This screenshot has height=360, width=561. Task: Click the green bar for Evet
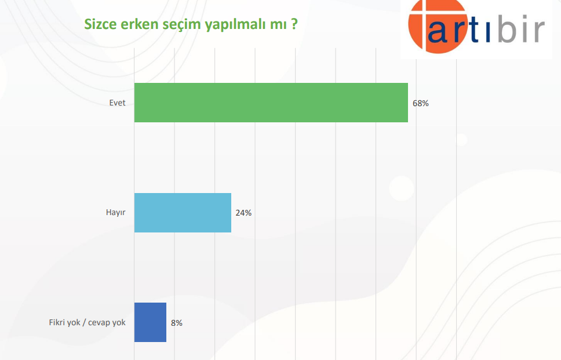(x=271, y=103)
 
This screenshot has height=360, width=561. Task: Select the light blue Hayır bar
(x=183, y=213)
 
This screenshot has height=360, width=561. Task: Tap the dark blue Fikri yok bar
(x=150, y=322)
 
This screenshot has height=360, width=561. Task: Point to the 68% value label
(x=420, y=103)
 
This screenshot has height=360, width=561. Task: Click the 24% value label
(x=243, y=213)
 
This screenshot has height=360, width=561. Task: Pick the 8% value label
(x=176, y=323)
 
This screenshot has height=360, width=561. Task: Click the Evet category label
(x=117, y=103)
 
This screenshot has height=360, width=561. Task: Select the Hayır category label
(x=115, y=213)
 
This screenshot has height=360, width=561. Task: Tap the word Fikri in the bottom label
(x=57, y=322)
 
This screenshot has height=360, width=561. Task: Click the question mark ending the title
(x=294, y=24)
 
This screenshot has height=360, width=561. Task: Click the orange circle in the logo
(x=437, y=26)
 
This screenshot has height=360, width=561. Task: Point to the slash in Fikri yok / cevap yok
(x=85, y=322)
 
